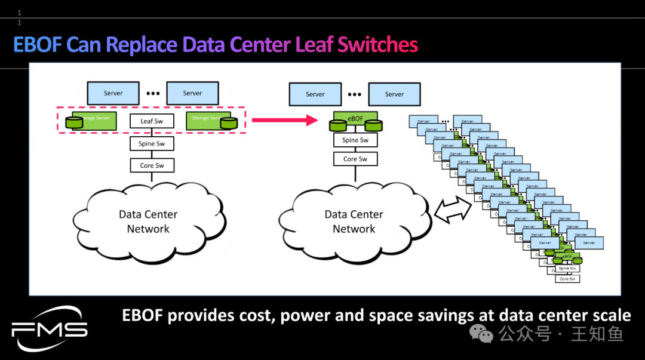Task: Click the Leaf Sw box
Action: click(x=152, y=121)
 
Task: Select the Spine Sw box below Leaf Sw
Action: click(x=152, y=144)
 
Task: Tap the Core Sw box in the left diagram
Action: click(x=152, y=165)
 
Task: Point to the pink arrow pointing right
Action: click(x=284, y=121)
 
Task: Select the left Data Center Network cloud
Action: click(x=148, y=221)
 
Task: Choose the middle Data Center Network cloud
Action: click(x=354, y=221)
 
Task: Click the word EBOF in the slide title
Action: click(x=38, y=45)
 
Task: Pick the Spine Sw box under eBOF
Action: click(x=355, y=140)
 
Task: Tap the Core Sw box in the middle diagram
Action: click(x=355, y=159)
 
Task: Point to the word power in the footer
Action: click(x=303, y=315)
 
